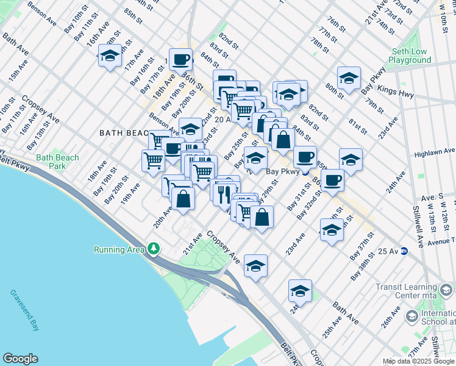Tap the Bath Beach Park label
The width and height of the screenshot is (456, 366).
[x=57, y=162]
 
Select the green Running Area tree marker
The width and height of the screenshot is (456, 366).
[x=154, y=249]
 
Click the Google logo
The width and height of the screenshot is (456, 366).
[x=20, y=359]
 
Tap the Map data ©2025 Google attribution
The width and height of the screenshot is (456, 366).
[x=418, y=361]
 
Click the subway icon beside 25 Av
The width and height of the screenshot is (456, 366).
[x=403, y=251]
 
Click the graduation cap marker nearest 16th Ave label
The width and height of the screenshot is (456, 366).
[x=109, y=57]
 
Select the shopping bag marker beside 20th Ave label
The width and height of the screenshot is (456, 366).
[x=183, y=199]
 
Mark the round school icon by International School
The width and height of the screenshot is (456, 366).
[x=411, y=316]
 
